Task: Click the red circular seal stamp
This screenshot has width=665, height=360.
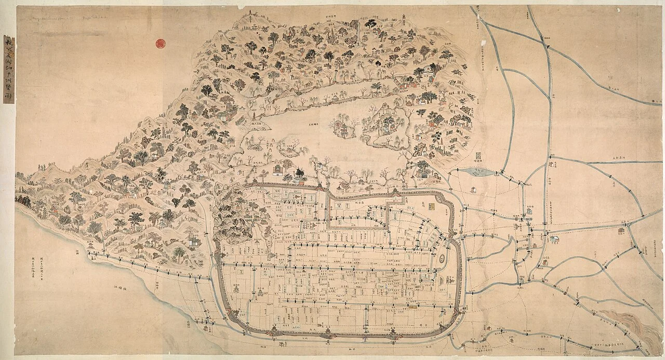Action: click(x=161, y=44)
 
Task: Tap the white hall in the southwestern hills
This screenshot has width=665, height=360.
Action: click(x=193, y=242)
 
